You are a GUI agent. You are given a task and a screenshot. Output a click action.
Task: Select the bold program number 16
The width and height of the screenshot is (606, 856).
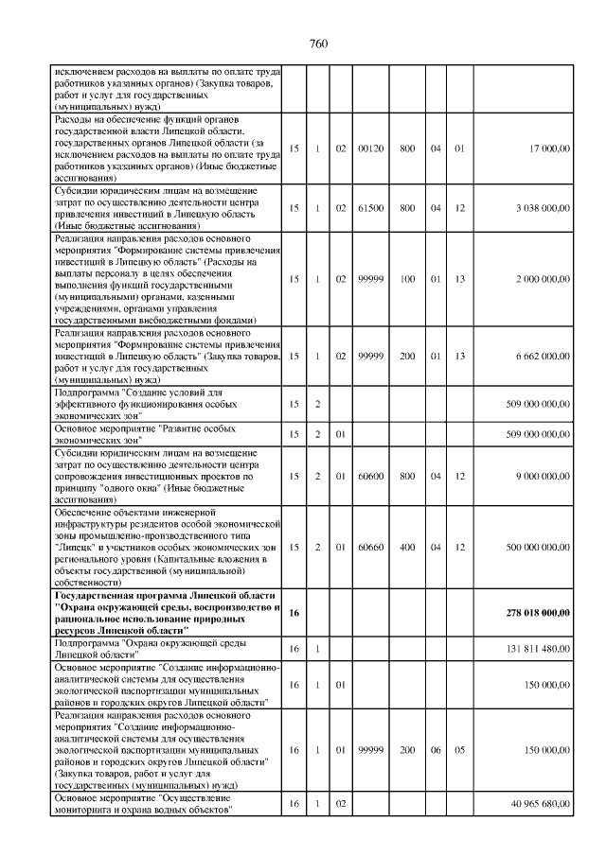tap(294, 613)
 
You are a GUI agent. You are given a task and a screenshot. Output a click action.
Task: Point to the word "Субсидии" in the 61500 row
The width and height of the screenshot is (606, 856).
tap(78, 189)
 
